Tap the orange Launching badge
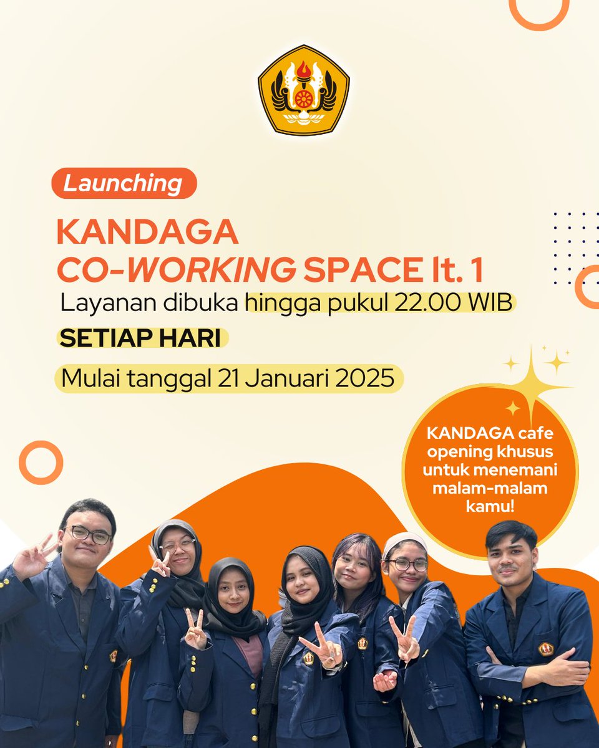click(124, 184)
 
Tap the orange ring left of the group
click(41, 463)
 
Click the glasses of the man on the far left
click(89, 534)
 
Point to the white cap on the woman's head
click(404, 542)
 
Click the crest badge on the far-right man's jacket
click(546, 649)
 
